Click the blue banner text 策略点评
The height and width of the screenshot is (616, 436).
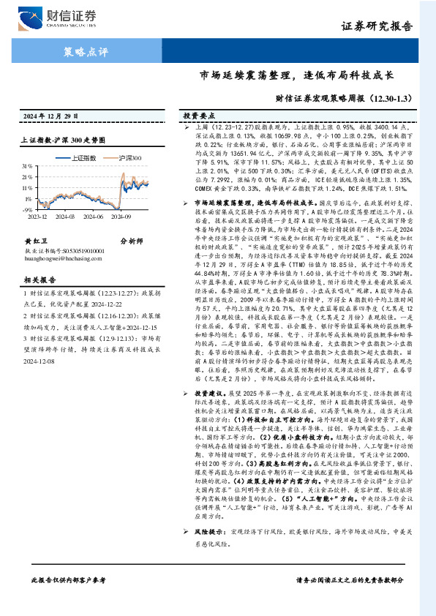pyautogui.click(x=82, y=52)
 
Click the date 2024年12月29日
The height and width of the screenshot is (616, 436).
pyautogui.click(x=48, y=116)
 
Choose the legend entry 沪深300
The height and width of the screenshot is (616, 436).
pyautogui.click(x=128, y=157)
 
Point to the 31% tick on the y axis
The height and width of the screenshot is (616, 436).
pyautogui.click(x=27, y=166)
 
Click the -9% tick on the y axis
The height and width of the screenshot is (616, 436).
pyautogui.click(x=28, y=209)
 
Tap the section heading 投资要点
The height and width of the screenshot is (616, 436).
pyautogui.click(x=199, y=116)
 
